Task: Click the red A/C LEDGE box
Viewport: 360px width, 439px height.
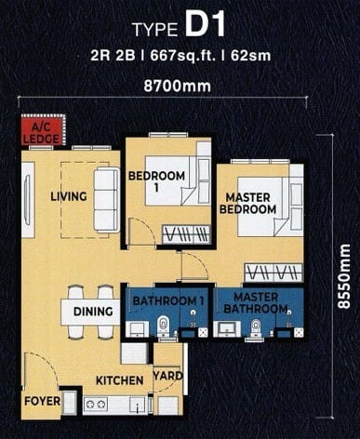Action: click(44, 129)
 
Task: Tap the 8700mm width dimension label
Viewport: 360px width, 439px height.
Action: click(177, 86)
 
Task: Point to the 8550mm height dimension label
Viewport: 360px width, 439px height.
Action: click(343, 276)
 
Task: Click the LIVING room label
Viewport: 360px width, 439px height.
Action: click(69, 196)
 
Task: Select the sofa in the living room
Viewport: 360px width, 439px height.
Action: click(106, 200)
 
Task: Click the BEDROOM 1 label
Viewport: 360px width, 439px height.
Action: click(156, 181)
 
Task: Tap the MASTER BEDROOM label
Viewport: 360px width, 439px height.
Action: click(247, 204)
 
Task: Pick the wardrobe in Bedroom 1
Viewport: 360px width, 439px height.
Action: click(186, 235)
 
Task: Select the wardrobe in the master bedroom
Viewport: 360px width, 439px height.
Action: click(273, 273)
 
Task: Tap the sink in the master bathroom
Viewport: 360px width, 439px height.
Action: click(229, 329)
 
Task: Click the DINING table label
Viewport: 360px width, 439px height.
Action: click(93, 312)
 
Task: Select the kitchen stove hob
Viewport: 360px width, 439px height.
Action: click(96, 405)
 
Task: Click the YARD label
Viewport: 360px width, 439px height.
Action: click(167, 376)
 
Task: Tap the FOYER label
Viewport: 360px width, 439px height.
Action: click(43, 401)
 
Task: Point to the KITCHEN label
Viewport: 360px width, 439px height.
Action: click(120, 380)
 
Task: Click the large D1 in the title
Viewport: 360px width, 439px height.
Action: click(206, 25)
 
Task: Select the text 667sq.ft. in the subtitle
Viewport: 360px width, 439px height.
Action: click(183, 56)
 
